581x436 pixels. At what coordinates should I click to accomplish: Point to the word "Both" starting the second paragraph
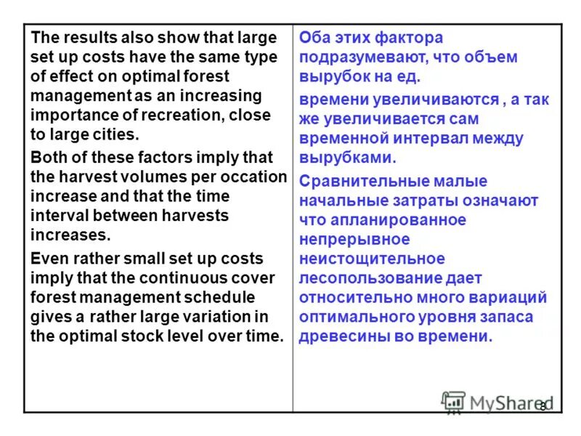click(49, 158)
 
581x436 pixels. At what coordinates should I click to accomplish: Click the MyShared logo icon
click(453, 402)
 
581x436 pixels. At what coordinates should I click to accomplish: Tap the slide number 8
click(543, 406)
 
